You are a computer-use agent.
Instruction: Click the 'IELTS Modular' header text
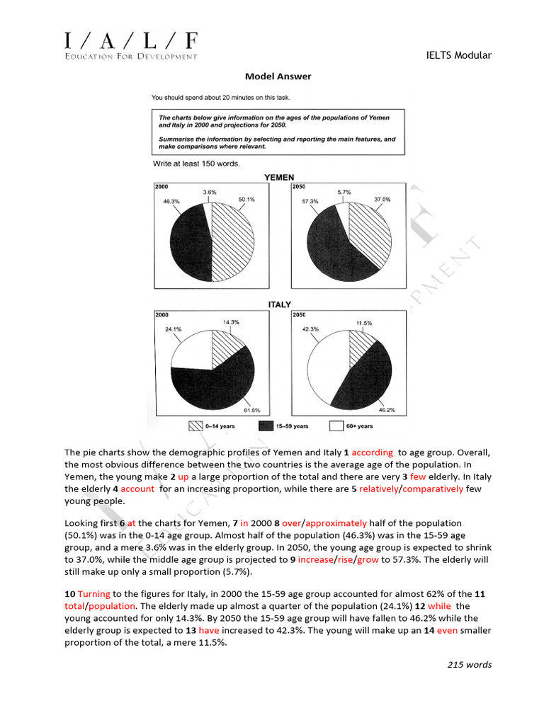coord(459,55)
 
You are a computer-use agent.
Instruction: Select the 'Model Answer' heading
coord(278,76)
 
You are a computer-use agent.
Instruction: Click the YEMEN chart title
coord(279,177)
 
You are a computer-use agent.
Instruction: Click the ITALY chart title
coord(279,304)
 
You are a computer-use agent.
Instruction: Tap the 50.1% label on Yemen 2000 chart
coord(246,200)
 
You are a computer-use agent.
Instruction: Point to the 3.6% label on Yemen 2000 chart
coord(209,192)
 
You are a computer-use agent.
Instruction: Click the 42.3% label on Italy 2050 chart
coord(310,329)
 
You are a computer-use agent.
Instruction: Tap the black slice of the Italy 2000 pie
coord(212,389)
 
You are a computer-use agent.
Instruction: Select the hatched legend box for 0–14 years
coord(195,426)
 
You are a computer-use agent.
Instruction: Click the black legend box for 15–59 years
coord(266,426)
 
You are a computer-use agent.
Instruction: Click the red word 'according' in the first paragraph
coord(371,452)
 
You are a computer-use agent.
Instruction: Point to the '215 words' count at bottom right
coord(469,664)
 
